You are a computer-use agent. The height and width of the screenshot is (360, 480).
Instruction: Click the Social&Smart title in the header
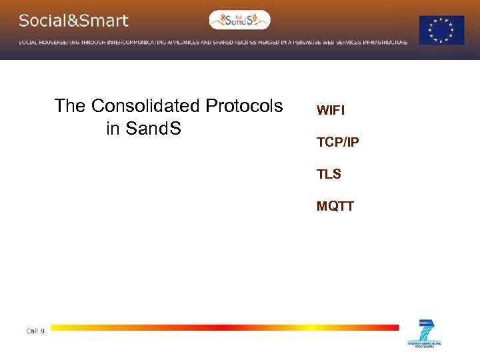click(73, 21)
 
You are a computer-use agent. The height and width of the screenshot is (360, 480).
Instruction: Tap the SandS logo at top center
click(239, 20)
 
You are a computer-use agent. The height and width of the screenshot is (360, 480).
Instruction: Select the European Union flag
click(441, 30)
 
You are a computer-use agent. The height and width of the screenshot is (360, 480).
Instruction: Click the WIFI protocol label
click(331, 110)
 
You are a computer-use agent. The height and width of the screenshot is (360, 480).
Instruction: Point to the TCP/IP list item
click(338, 142)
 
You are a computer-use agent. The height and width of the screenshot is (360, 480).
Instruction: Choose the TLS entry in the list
click(329, 174)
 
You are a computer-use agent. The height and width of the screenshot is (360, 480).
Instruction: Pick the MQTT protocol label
click(335, 206)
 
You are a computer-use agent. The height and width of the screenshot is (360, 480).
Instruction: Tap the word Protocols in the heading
click(244, 106)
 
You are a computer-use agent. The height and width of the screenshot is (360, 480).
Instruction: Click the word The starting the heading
click(71, 106)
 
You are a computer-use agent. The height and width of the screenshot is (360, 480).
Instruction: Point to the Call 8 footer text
click(35, 331)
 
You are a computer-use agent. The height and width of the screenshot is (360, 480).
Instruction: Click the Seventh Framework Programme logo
click(425, 334)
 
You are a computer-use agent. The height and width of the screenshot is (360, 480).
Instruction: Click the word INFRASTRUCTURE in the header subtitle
click(383, 42)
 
